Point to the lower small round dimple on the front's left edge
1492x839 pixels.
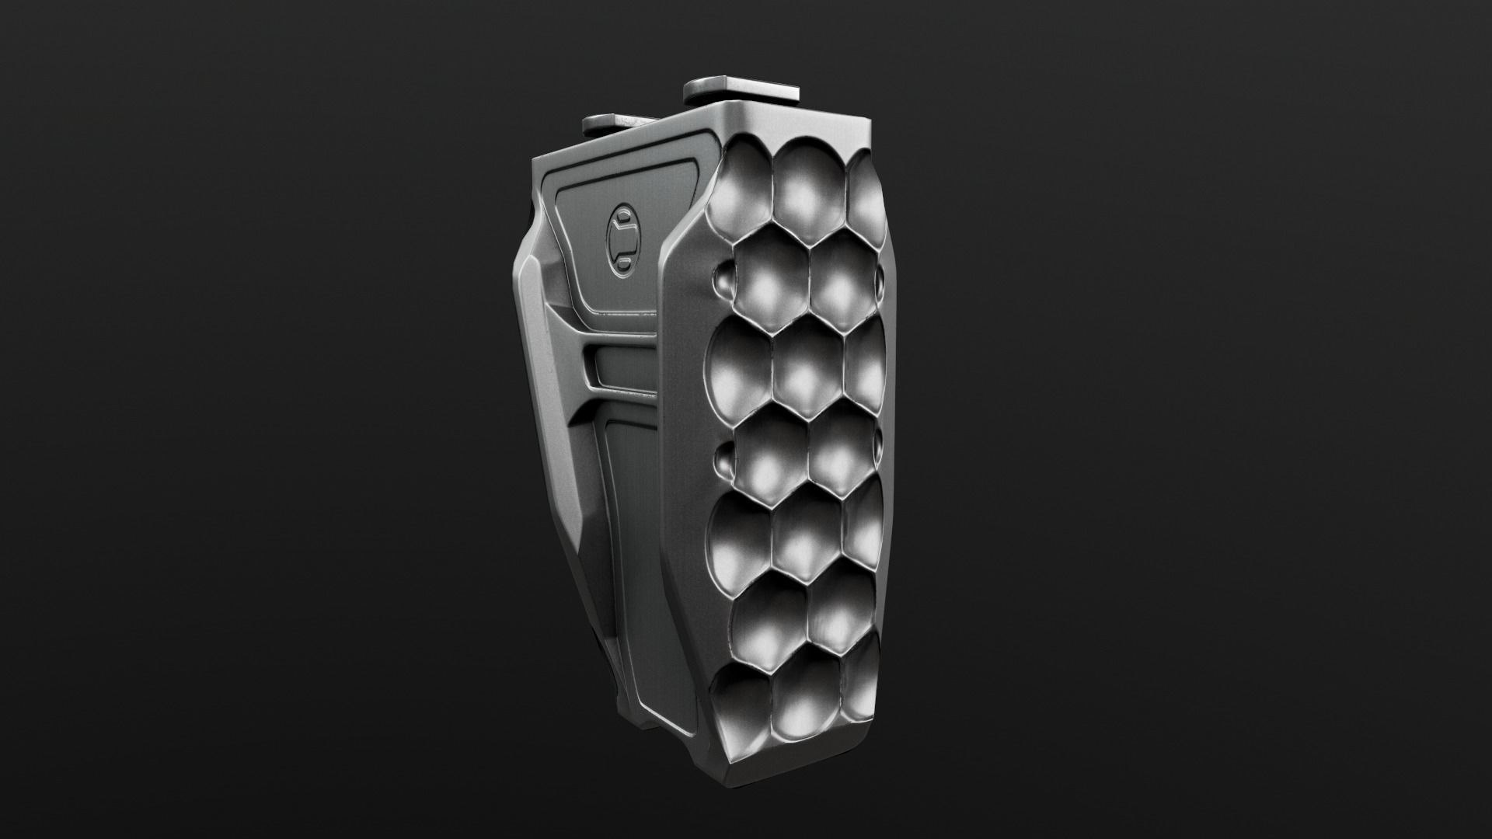click(723, 460)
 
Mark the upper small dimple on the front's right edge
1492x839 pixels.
click(880, 278)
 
